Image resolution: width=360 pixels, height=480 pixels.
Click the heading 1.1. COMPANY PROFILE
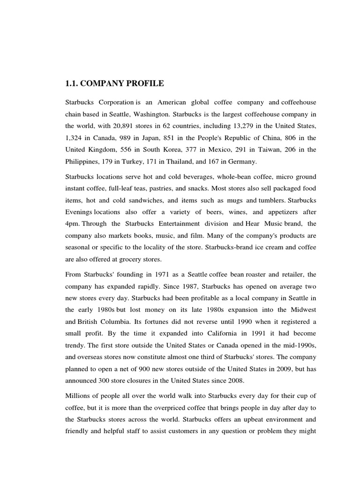click(114, 84)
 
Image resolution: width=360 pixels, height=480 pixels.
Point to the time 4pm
click(72, 224)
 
